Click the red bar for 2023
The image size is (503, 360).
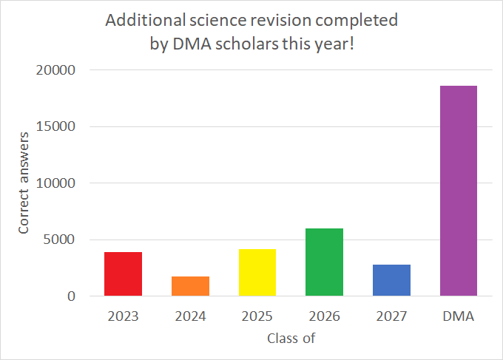[x=123, y=274]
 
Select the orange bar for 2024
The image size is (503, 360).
[x=190, y=286]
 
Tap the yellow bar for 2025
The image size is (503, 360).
[x=257, y=273]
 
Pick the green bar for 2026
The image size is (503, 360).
[x=324, y=262]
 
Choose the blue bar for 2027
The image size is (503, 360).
[x=391, y=280]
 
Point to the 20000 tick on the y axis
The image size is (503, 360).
[x=55, y=70]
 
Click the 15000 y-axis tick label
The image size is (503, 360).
[x=55, y=126]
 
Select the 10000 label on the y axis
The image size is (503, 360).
[x=55, y=183]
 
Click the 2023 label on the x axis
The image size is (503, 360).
[x=123, y=316]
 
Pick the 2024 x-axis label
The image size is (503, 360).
[x=190, y=316]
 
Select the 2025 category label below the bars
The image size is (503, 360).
[x=257, y=316]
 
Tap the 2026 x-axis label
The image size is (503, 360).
[x=324, y=316]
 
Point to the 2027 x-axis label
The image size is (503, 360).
[x=391, y=316]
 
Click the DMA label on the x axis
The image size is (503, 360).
[x=459, y=316]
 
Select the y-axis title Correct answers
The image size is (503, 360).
[x=24, y=183]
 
